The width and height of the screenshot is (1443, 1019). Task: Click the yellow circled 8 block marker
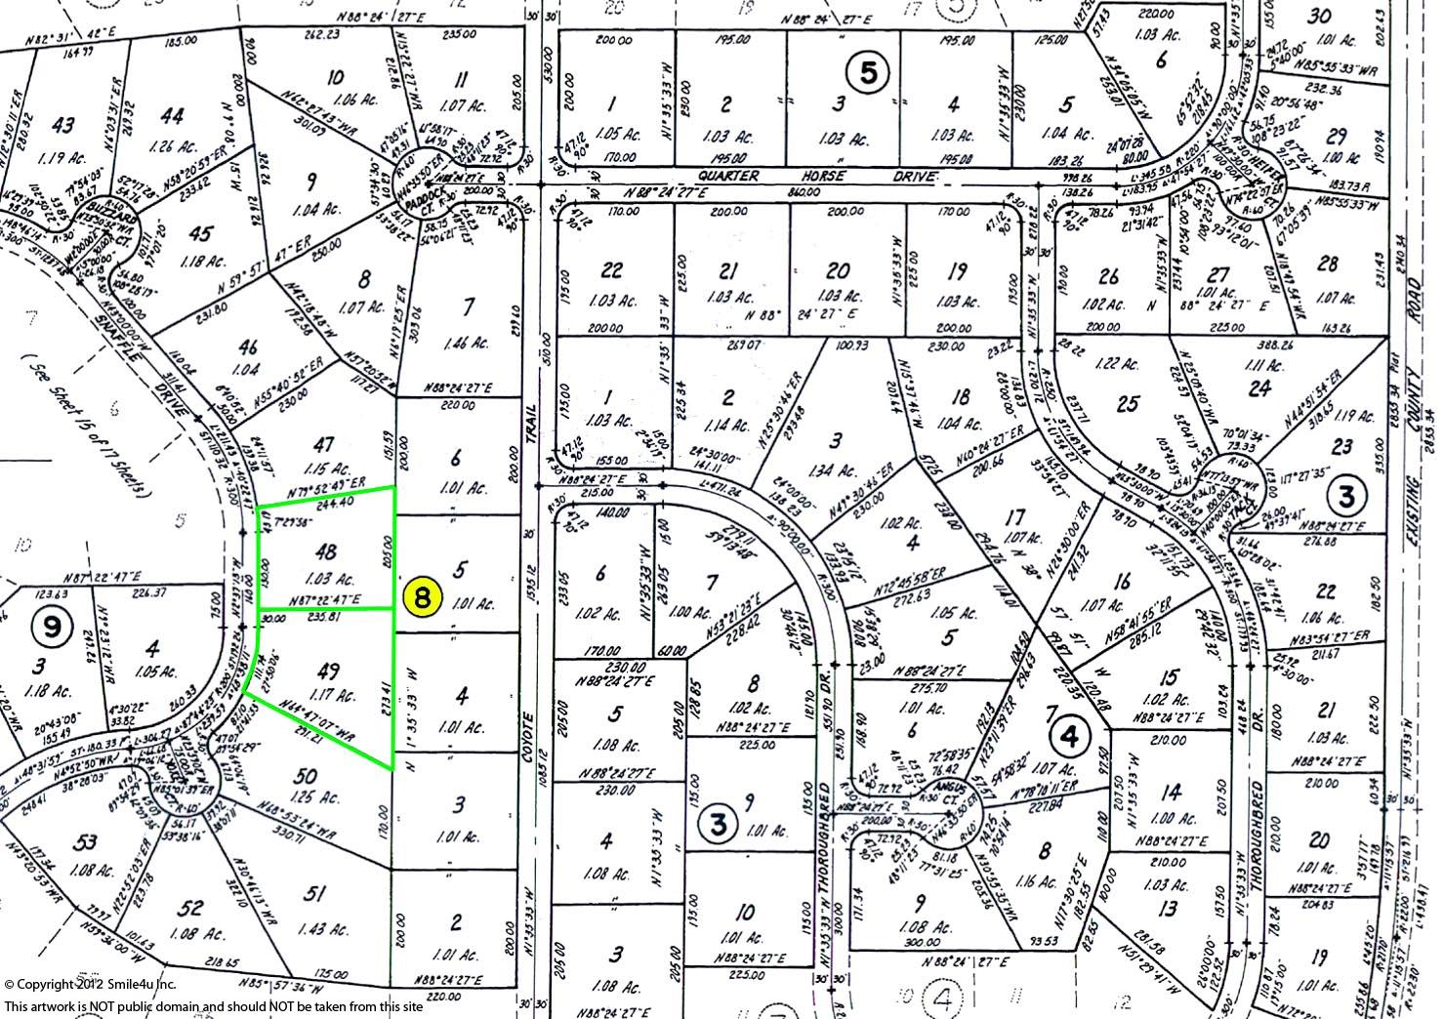pos(422,597)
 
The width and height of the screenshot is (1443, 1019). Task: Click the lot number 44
pos(172,115)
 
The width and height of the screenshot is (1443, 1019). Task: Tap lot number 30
pos(1320,16)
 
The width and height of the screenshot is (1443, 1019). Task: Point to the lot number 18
pos(963,396)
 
